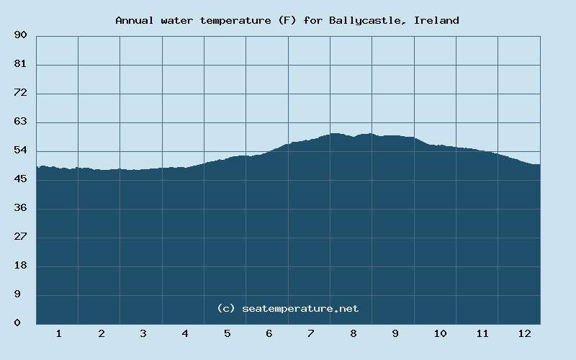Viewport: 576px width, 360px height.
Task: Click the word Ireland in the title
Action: [437, 20]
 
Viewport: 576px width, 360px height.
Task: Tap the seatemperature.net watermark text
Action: [300, 308]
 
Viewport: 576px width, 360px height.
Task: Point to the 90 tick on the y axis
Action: [20, 35]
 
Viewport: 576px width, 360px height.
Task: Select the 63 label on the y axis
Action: [20, 122]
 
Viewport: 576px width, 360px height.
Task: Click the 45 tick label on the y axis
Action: [20, 179]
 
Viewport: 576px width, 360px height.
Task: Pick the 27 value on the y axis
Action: [20, 237]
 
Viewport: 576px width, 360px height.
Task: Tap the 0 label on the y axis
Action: [17, 323]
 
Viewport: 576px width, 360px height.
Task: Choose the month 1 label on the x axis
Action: [58, 333]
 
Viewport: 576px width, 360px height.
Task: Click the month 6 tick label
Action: [269, 333]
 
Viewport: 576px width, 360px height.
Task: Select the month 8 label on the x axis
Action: [353, 333]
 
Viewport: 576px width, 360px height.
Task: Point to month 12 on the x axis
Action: [524, 333]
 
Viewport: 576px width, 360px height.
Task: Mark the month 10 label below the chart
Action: [440, 333]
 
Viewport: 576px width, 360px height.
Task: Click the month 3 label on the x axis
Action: [143, 333]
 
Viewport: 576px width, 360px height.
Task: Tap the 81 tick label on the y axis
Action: [20, 64]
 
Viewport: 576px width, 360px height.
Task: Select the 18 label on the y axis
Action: [20, 266]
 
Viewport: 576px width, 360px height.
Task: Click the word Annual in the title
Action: [134, 20]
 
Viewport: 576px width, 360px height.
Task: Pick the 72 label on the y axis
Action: [20, 93]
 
